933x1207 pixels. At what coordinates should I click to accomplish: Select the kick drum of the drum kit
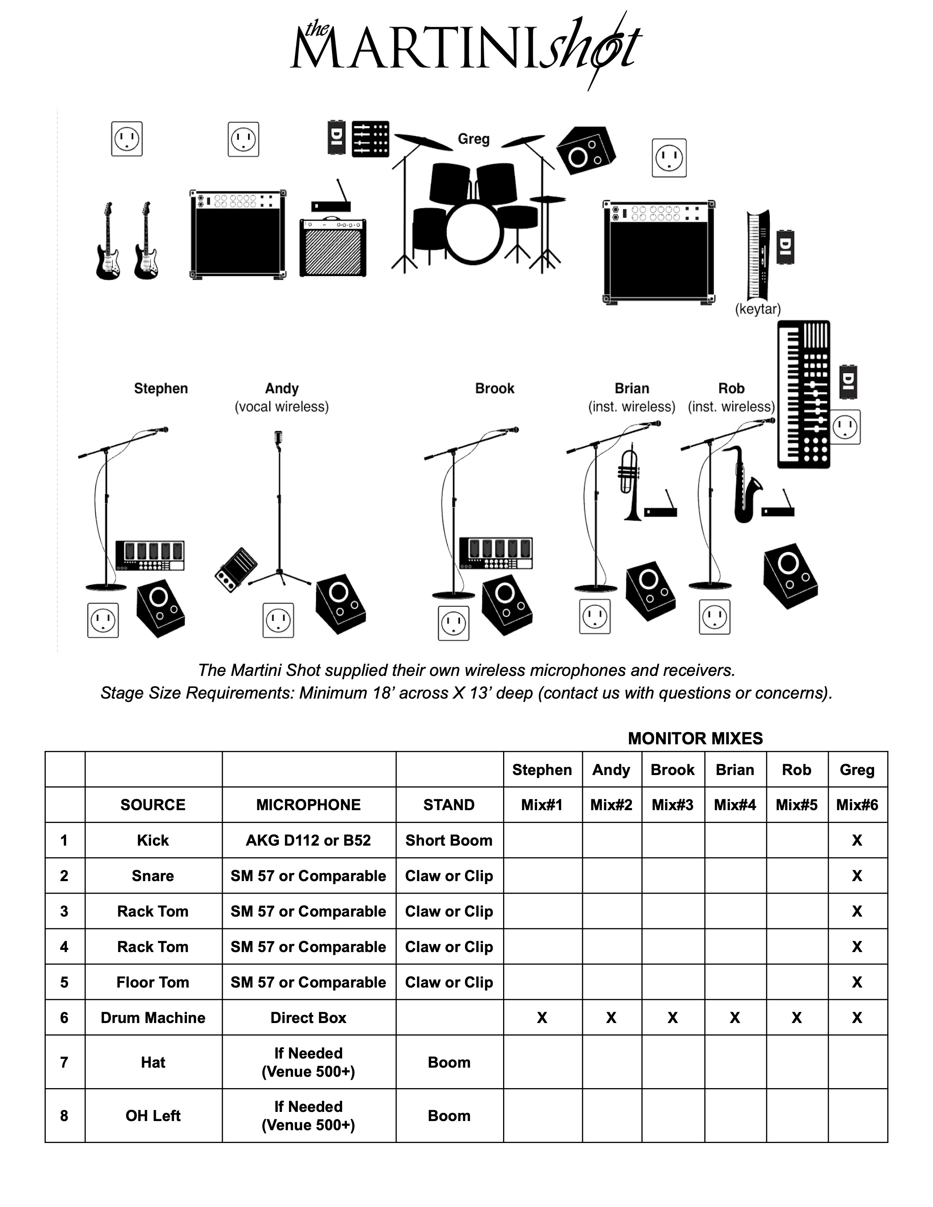coord(474,233)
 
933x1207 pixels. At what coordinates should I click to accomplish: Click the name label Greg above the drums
coord(474,139)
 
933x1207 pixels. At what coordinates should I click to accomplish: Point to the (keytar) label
coord(758,309)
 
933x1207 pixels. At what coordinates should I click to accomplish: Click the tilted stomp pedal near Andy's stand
coord(236,570)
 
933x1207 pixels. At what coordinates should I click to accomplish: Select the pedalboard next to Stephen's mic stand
coord(150,556)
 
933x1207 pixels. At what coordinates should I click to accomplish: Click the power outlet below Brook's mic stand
coord(453,623)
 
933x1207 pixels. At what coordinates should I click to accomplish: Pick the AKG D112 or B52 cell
coord(308,840)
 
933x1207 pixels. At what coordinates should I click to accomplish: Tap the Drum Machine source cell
coord(153,1018)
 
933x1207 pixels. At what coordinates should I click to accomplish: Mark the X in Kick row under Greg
coord(857,840)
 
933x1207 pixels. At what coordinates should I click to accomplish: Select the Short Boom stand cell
coord(449,840)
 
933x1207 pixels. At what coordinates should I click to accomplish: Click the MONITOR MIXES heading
coord(695,738)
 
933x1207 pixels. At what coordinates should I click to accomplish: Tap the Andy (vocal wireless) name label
coord(282,397)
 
